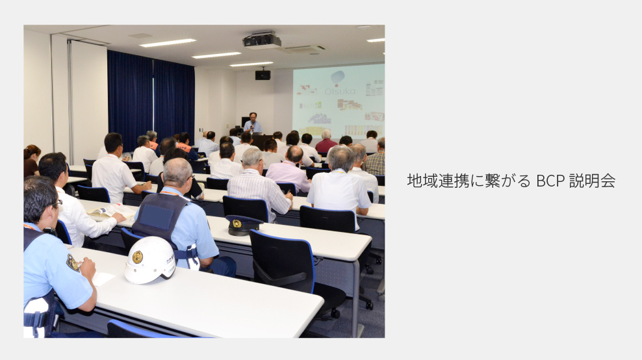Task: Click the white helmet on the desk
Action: pos(150,259)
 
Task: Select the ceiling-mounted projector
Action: pos(262,41)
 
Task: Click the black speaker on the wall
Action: pos(263,75)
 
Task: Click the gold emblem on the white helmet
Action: pos(138,257)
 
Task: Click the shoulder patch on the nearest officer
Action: pos(73,263)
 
